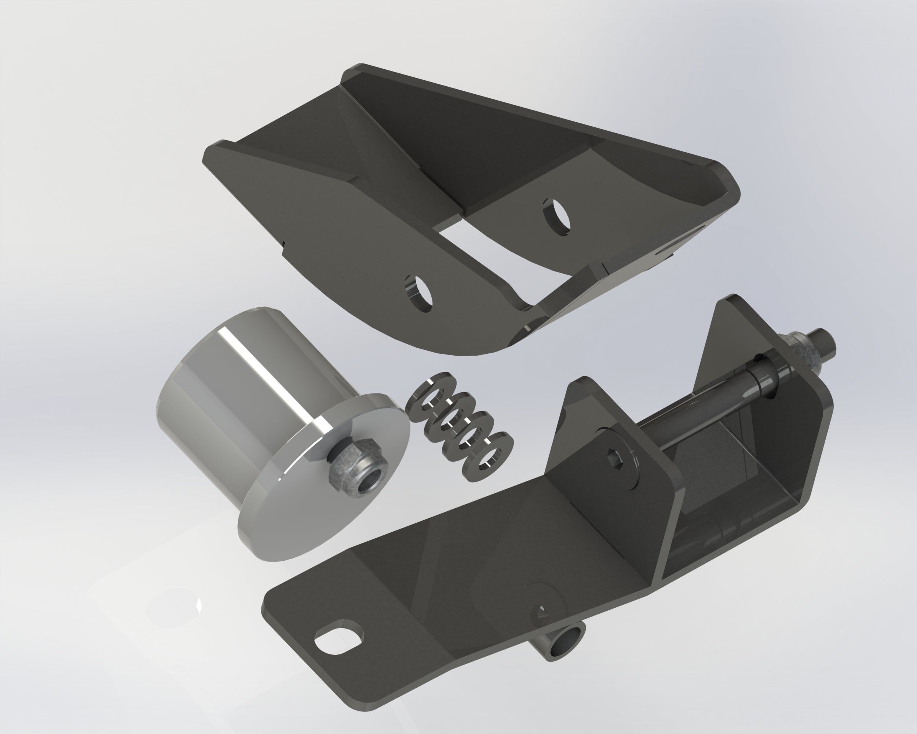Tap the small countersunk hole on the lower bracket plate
[x=542, y=611]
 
